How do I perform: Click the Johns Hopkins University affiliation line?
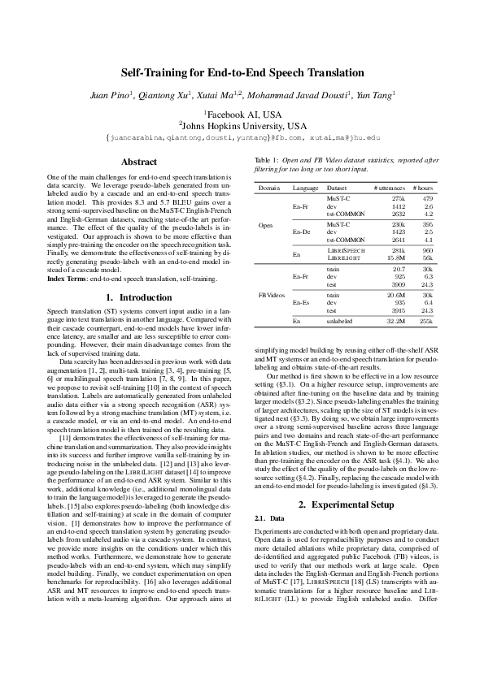[x=242, y=126]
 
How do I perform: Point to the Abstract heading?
[x=138, y=162]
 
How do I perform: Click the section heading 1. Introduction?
[x=138, y=297]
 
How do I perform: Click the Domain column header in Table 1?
[x=268, y=188]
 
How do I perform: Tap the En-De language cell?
[x=300, y=232]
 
